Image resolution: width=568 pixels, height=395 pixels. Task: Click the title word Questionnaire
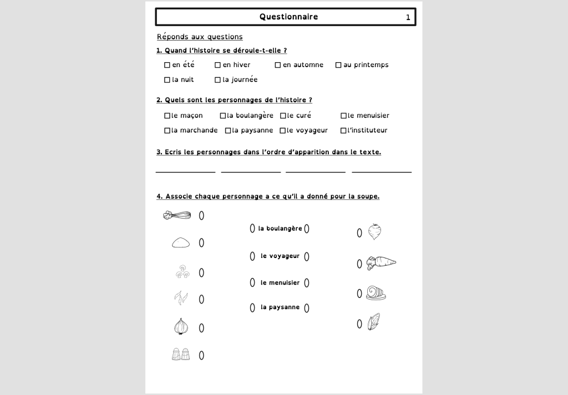click(288, 17)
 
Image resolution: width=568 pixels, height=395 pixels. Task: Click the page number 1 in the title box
click(408, 17)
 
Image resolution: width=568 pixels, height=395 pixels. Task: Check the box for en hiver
click(218, 65)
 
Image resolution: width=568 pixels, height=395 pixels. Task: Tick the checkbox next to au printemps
click(338, 65)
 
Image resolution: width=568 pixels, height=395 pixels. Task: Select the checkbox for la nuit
click(167, 80)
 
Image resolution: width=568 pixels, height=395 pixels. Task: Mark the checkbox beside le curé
click(283, 116)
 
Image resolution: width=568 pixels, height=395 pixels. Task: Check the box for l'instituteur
click(343, 131)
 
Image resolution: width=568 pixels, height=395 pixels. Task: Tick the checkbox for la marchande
click(167, 131)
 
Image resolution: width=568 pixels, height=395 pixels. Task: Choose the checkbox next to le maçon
click(167, 116)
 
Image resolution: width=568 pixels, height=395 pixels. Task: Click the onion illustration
click(181, 326)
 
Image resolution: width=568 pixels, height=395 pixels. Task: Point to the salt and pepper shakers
click(181, 354)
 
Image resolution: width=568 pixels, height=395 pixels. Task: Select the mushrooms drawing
click(182, 271)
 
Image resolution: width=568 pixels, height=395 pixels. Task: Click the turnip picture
click(374, 231)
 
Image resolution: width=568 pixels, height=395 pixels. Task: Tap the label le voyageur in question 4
click(280, 256)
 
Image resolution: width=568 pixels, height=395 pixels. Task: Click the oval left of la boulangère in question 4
click(252, 228)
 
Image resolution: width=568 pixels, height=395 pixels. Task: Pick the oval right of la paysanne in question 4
click(307, 308)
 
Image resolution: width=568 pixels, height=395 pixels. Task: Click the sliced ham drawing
click(376, 293)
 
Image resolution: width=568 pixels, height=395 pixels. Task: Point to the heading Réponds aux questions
click(200, 37)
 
